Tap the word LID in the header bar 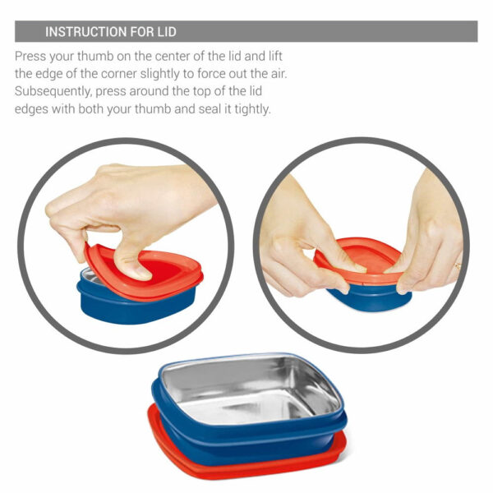click(x=167, y=32)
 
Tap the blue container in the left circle click(x=136, y=307)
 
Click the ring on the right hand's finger click(x=458, y=265)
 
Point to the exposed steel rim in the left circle click(x=89, y=277)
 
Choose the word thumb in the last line click(x=153, y=109)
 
